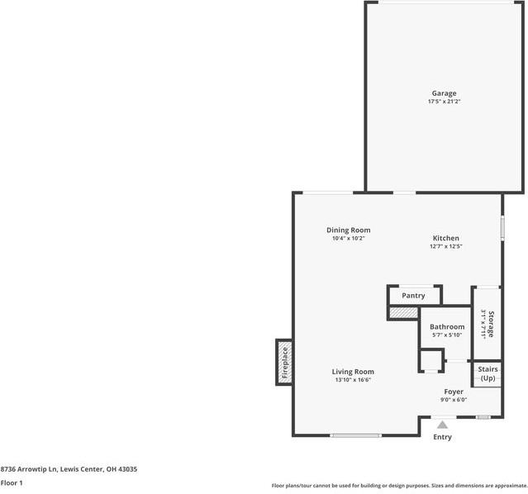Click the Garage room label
tap(443, 93)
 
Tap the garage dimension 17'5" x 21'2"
tap(443, 102)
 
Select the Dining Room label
tap(348, 230)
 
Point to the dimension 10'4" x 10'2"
tap(348, 238)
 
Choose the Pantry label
tap(413, 295)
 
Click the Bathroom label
tap(447, 326)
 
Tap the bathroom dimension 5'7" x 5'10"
tap(447, 335)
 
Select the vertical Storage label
tap(491, 324)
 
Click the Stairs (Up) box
tap(488, 373)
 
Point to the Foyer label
tap(454, 391)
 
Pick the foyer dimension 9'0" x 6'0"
tap(454, 400)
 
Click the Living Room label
tap(353, 372)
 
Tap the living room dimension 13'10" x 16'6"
tap(353, 380)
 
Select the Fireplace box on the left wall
tap(284, 362)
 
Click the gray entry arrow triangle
tap(443, 425)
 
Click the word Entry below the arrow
tap(443, 437)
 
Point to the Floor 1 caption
tap(12, 482)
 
